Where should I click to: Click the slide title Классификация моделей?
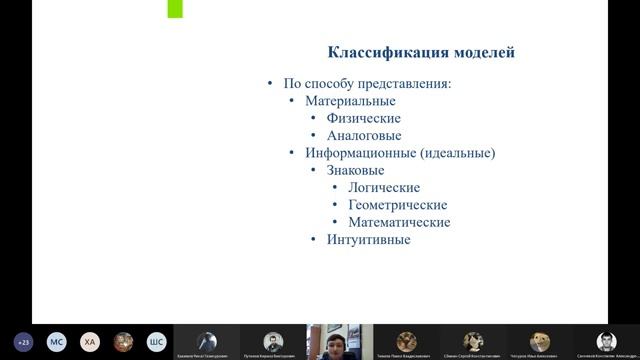(422, 52)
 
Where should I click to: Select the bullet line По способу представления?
(367, 83)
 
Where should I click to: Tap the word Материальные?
(350, 101)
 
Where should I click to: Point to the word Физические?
(363, 118)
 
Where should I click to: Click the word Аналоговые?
(364, 135)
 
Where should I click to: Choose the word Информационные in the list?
(361, 153)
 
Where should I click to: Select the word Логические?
(383, 187)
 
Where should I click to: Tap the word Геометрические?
(397, 205)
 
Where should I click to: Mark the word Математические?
(399, 222)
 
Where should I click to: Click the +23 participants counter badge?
(24, 341)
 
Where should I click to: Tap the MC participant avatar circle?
(57, 341)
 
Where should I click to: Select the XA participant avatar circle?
(90, 341)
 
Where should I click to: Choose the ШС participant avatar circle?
(156, 341)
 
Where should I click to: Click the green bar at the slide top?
(175, 10)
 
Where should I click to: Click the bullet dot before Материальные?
(292, 101)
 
